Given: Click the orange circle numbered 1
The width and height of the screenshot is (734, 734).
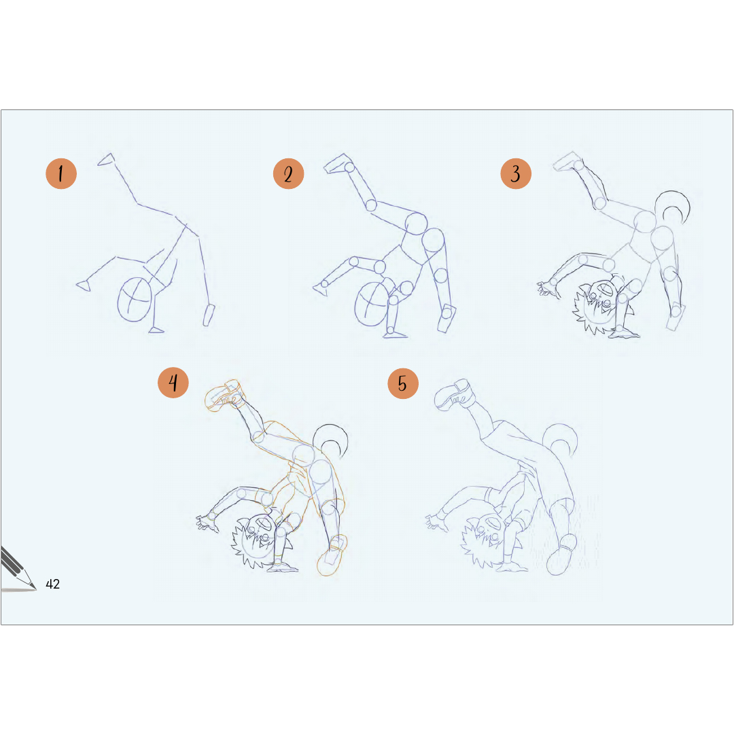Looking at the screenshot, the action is (61, 174).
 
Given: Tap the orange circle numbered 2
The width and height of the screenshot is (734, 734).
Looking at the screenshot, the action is (288, 174).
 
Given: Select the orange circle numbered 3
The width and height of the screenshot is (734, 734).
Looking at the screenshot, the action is (516, 174).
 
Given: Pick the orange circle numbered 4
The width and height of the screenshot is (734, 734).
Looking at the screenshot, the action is (173, 383).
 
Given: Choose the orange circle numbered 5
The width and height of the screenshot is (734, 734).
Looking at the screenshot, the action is (403, 383).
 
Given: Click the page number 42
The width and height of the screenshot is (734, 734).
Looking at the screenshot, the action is (52, 584).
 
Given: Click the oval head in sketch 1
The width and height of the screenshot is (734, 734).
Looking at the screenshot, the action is (135, 300).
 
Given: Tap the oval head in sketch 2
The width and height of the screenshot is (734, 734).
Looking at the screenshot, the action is (372, 304).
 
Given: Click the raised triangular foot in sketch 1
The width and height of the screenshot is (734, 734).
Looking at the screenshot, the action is (107, 160).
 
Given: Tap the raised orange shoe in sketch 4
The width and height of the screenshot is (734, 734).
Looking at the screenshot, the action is (224, 396).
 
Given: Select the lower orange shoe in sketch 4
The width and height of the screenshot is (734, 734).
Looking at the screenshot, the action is (332, 556).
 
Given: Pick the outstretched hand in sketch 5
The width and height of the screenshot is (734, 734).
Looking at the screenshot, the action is (436, 523).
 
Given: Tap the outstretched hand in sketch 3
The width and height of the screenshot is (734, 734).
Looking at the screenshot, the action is (548, 288).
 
